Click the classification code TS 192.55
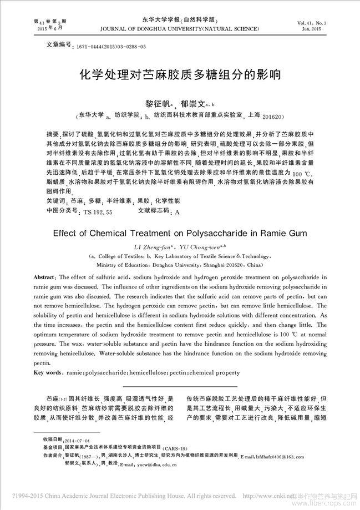click(x=98, y=211)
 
